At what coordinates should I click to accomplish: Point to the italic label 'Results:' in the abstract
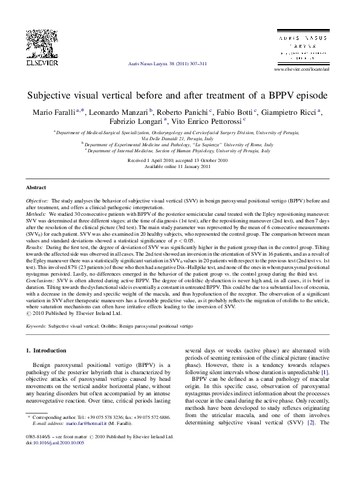coord(35,248)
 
